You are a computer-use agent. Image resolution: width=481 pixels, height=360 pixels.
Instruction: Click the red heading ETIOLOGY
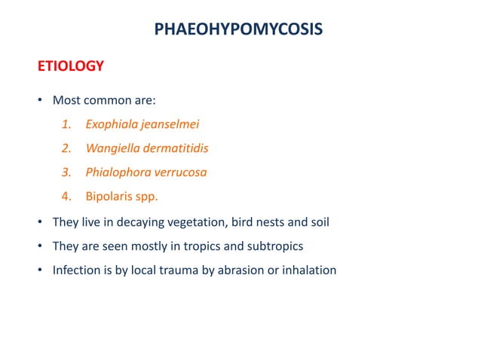point(71,66)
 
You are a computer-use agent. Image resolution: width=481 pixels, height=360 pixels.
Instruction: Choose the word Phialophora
point(117,172)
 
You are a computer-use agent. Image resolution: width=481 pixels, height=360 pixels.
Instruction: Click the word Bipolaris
point(110,197)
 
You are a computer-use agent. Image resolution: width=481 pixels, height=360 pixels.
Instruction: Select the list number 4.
point(66,197)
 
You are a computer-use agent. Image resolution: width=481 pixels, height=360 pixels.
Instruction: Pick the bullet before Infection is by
point(41,270)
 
